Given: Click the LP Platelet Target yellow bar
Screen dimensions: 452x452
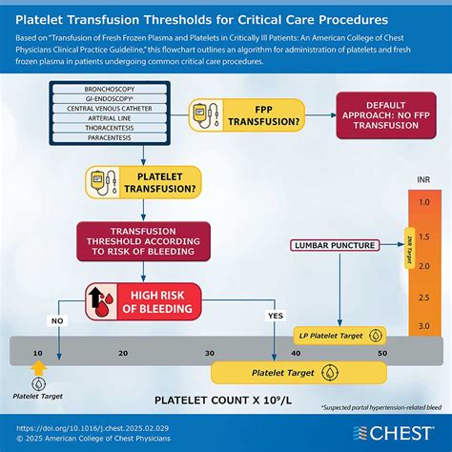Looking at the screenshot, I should [x=339, y=337].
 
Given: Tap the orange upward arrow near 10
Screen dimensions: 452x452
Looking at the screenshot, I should [x=38, y=370].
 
